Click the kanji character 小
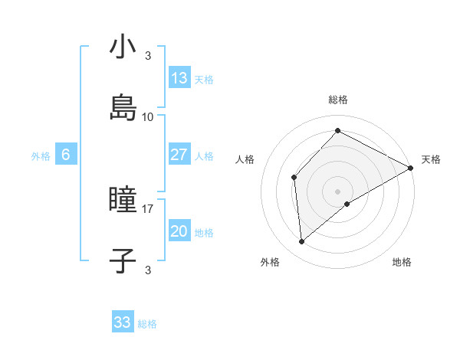pos(123,48)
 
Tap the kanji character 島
pos(123,106)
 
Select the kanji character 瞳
pos(123,201)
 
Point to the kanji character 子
pos(123,260)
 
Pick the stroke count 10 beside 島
pos(148,116)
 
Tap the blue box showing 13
pos(179,77)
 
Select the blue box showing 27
pos(179,155)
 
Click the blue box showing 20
pos(179,232)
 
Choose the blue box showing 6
pos(66,155)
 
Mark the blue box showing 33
pos(123,322)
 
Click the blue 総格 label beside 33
pos(147,324)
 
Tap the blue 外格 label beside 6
pos(41,156)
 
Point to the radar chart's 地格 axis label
pos(402,262)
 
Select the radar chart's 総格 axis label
pos(338,100)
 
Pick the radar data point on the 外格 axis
pos(301,242)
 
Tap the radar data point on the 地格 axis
pos(347,204)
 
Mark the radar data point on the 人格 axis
pos(294,177)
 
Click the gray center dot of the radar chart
pos(338,191)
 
